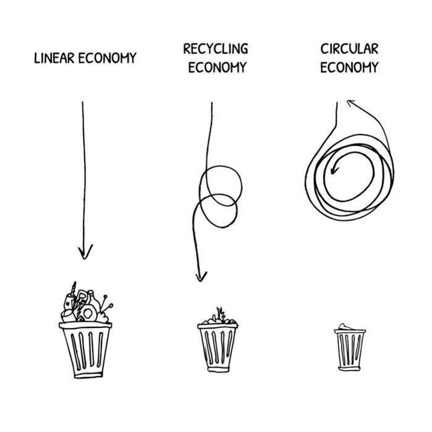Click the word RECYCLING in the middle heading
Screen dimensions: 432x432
point(216,49)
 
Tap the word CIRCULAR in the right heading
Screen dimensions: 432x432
point(349,49)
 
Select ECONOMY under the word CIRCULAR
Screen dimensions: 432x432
point(349,67)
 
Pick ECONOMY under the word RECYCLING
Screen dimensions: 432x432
point(217,67)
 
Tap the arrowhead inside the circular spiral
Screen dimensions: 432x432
point(333,170)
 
